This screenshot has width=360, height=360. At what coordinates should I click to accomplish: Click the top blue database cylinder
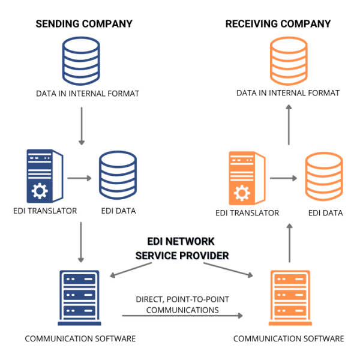[81, 61]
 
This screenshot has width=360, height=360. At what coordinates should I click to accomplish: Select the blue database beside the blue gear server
[118, 175]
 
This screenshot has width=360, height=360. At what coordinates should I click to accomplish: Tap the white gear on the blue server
[40, 191]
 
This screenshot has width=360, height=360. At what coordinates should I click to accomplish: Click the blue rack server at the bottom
[79, 298]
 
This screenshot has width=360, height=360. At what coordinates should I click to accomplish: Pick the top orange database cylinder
[289, 61]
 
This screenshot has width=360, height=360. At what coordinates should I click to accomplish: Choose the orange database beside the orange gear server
[323, 176]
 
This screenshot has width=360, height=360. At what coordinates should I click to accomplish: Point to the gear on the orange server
[242, 193]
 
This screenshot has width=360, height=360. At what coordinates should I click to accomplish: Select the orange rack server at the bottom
[290, 298]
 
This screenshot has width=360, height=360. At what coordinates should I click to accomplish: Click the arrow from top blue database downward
[82, 126]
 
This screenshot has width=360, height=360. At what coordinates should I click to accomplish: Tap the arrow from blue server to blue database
[79, 178]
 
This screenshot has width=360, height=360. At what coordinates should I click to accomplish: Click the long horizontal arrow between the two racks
[182, 316]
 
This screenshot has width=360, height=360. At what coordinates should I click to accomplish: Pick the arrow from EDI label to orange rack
[228, 269]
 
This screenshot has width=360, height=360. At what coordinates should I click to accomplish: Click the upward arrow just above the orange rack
[289, 243]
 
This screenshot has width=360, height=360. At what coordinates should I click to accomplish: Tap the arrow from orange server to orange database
[283, 178]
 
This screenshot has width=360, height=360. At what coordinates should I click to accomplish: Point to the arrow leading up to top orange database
[289, 125]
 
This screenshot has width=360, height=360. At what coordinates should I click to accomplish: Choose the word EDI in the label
[155, 242]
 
